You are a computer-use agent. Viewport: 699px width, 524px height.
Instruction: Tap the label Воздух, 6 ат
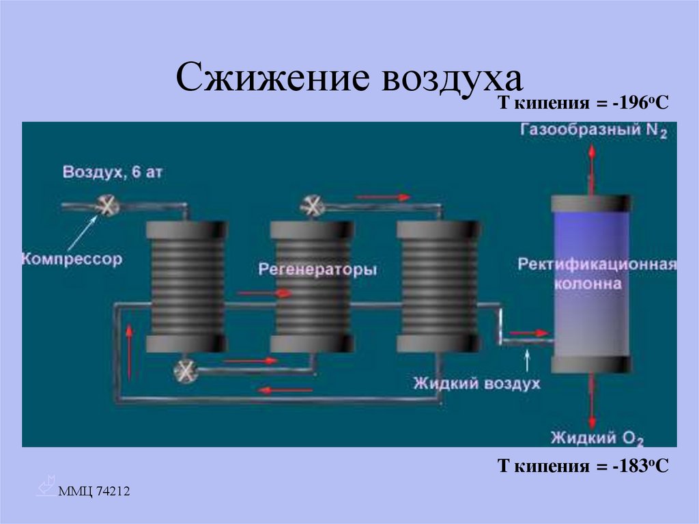click(113, 171)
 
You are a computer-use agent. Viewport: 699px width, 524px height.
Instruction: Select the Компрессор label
click(72, 259)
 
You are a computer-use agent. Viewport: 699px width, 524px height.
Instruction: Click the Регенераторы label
click(317, 270)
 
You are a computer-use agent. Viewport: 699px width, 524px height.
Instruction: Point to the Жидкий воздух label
click(476, 383)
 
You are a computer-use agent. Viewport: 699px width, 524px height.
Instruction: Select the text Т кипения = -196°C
click(581, 104)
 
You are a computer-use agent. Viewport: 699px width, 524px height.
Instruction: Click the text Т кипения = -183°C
click(581, 467)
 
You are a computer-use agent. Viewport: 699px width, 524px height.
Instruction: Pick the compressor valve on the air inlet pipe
click(107, 206)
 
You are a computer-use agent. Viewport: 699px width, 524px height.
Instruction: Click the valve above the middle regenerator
click(313, 205)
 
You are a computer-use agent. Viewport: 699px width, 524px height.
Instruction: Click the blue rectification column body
click(590, 284)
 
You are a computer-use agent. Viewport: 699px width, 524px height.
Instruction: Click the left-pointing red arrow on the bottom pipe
click(285, 390)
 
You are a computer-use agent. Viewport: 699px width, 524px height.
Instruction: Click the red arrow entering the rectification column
click(529, 333)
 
